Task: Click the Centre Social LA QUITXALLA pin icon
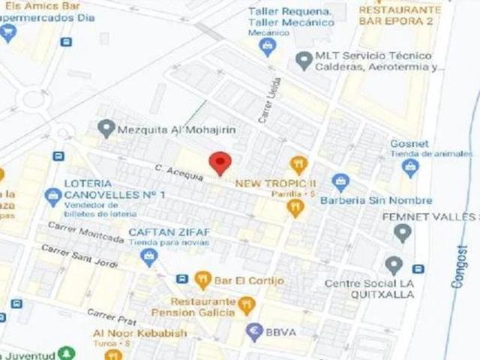(x=393, y=265)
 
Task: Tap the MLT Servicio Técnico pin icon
(x=303, y=59)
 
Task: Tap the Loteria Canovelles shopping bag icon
(x=52, y=198)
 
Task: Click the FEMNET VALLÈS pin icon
(x=403, y=233)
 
